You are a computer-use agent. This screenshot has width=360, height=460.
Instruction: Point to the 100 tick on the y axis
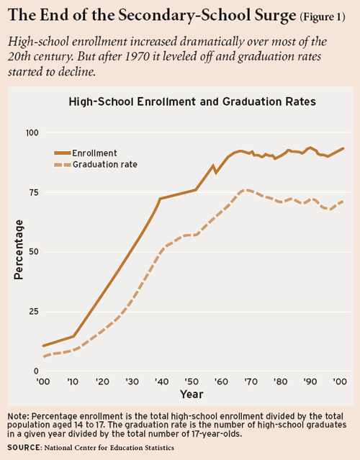tap(32, 133)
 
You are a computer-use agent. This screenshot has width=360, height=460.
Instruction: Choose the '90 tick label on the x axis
tap(308, 382)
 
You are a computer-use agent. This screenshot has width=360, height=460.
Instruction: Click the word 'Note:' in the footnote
tap(18, 417)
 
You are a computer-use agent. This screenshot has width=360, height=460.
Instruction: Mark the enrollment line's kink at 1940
tap(159, 199)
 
